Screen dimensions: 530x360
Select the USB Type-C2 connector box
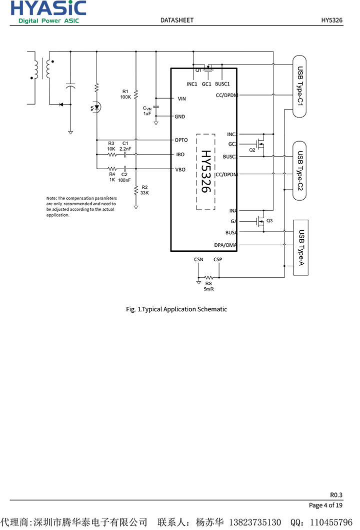tap(299, 171)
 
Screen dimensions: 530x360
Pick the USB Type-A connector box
tap(300, 247)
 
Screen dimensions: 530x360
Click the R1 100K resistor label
tap(125, 94)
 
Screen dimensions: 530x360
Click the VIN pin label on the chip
tap(182, 99)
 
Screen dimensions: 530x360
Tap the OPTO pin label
tap(181, 140)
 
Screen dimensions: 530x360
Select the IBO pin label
tap(180, 155)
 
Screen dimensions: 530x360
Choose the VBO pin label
tap(180, 170)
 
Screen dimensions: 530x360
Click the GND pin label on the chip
tap(180, 117)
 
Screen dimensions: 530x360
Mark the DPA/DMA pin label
tap(225, 245)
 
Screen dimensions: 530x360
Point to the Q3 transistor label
tap(269, 221)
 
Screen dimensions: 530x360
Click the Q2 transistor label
tap(252, 150)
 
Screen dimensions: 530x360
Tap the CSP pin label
tap(217, 259)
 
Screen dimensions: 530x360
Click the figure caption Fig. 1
tap(176, 309)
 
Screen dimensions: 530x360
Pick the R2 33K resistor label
tap(144, 190)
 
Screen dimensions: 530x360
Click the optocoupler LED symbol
tap(96, 107)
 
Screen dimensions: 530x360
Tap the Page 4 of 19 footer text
tap(325, 505)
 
